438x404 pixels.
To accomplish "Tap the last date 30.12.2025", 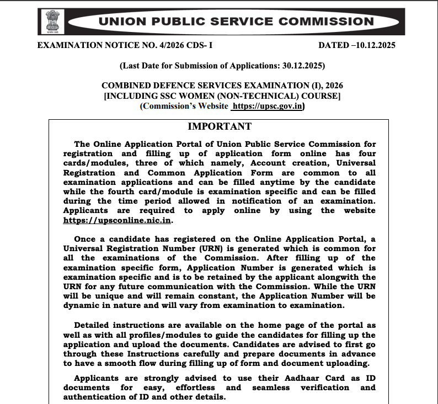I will [303, 66].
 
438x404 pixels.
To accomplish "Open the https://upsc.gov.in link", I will [268, 107].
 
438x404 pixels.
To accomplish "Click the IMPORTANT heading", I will [219, 126].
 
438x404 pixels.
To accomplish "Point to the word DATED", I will [334, 45].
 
